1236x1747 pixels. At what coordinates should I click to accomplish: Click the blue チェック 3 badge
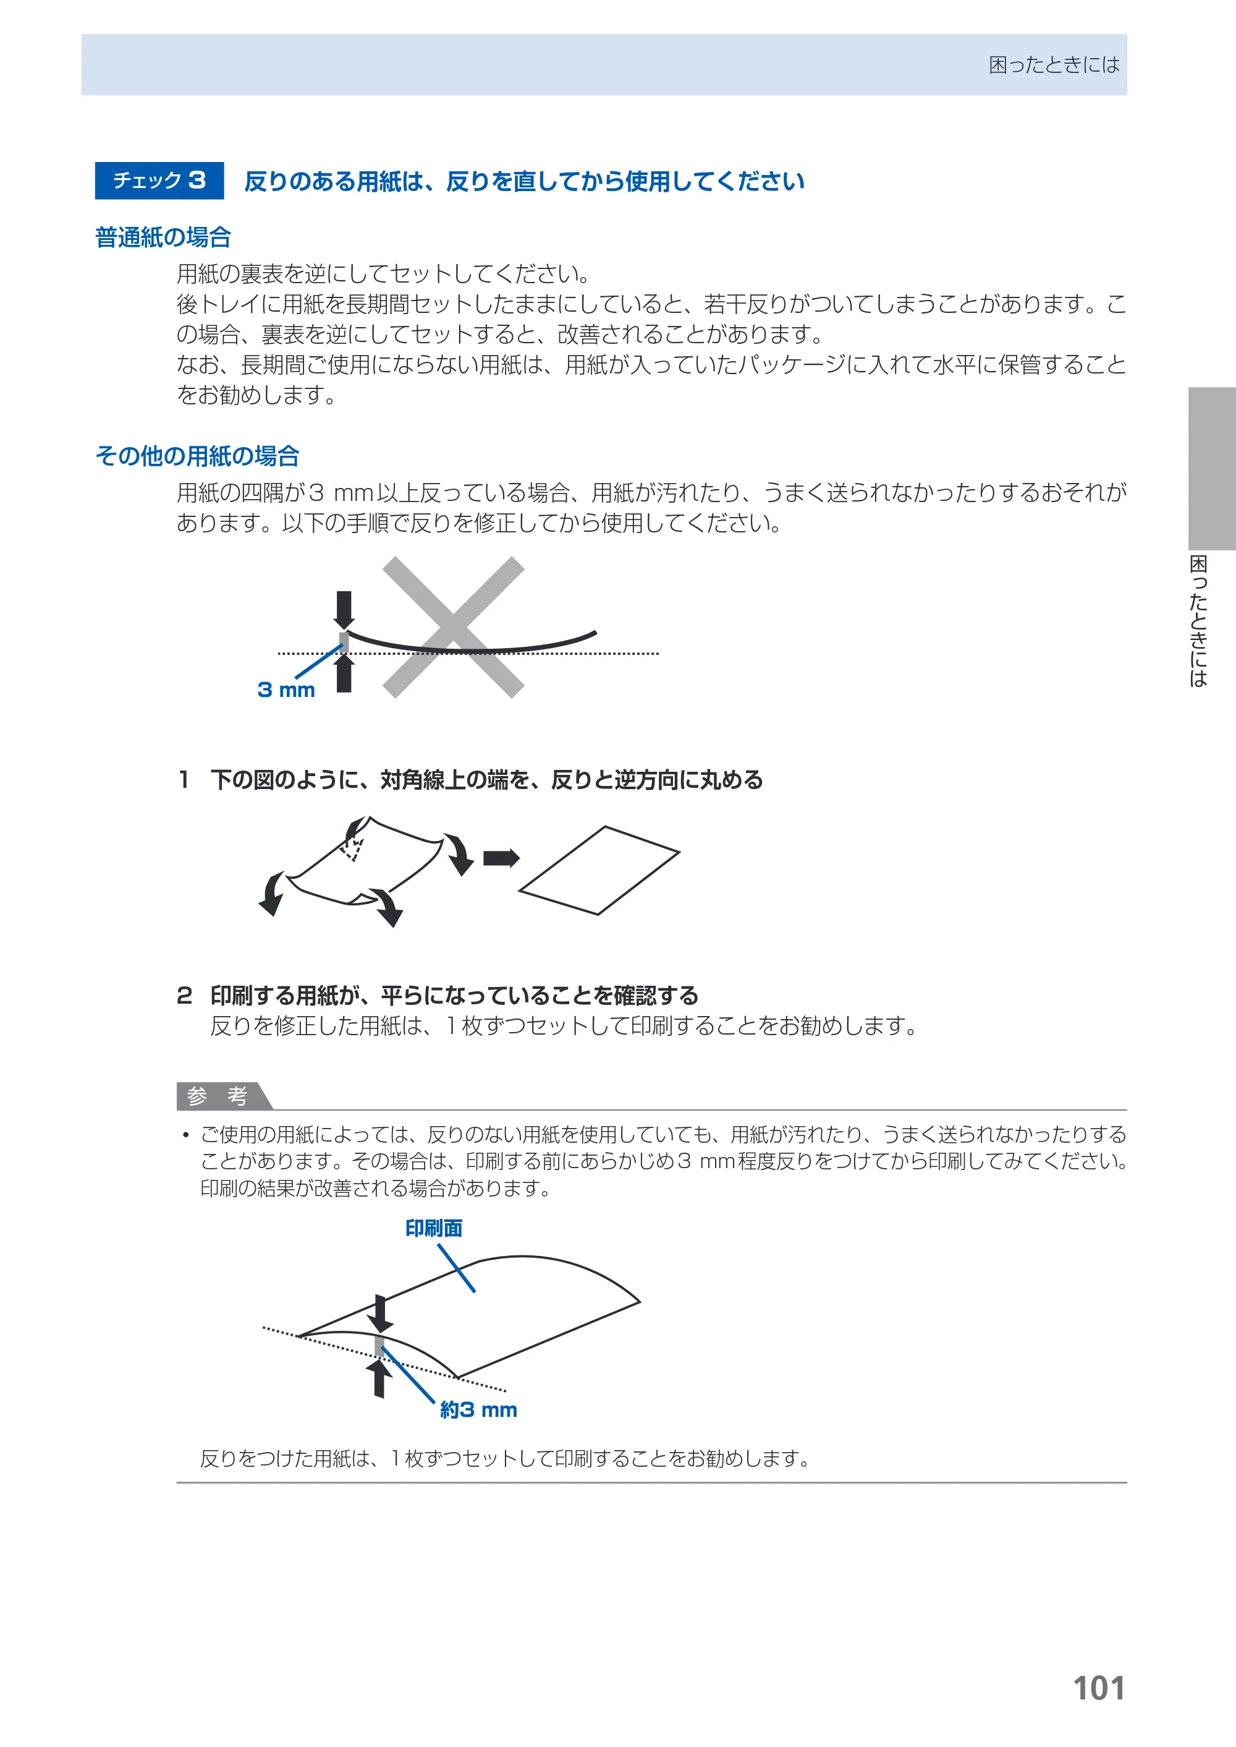coord(159,181)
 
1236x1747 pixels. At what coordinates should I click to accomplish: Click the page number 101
coord(1098,1688)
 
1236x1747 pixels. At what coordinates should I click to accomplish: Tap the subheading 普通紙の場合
coord(163,237)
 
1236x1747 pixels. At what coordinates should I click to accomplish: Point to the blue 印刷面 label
coord(434,1228)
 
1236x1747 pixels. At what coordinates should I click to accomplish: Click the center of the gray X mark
coord(453,628)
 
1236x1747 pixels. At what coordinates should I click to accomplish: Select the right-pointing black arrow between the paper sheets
coord(501,858)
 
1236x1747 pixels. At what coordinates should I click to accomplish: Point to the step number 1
coord(184,780)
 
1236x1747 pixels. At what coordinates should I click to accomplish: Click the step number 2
coord(184,996)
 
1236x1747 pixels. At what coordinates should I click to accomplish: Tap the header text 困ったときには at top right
coord(1054,65)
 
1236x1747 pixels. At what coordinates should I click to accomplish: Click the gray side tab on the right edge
coord(1212,468)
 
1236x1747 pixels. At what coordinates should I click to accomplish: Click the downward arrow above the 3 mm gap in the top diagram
coord(344,609)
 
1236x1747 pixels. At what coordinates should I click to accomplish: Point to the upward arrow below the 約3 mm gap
coord(379,1378)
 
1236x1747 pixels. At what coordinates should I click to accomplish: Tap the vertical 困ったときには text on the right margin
coord(1199,621)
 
